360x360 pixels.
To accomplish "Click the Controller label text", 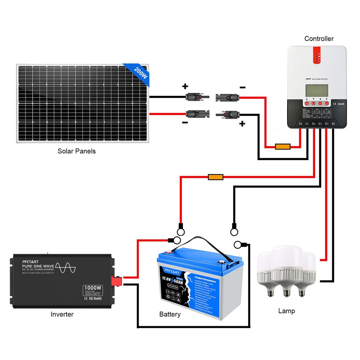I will pos(319,39).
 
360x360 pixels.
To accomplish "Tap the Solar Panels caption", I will pos(77,151).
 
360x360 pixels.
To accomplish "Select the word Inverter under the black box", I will pos(62,314).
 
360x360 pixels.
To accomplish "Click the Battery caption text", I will pos(170,315).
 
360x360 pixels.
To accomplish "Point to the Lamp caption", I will pos(287,311).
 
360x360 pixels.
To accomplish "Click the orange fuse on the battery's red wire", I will pos(216,177).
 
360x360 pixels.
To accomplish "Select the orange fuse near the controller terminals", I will pos(283,147).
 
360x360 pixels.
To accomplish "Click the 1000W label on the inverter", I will pos(93,288).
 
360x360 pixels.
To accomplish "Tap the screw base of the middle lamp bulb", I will pos(287,292).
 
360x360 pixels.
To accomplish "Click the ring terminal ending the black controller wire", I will pos(234,228).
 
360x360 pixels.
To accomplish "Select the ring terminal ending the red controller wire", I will pos(180,228).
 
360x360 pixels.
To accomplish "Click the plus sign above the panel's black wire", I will pos(185,86).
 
